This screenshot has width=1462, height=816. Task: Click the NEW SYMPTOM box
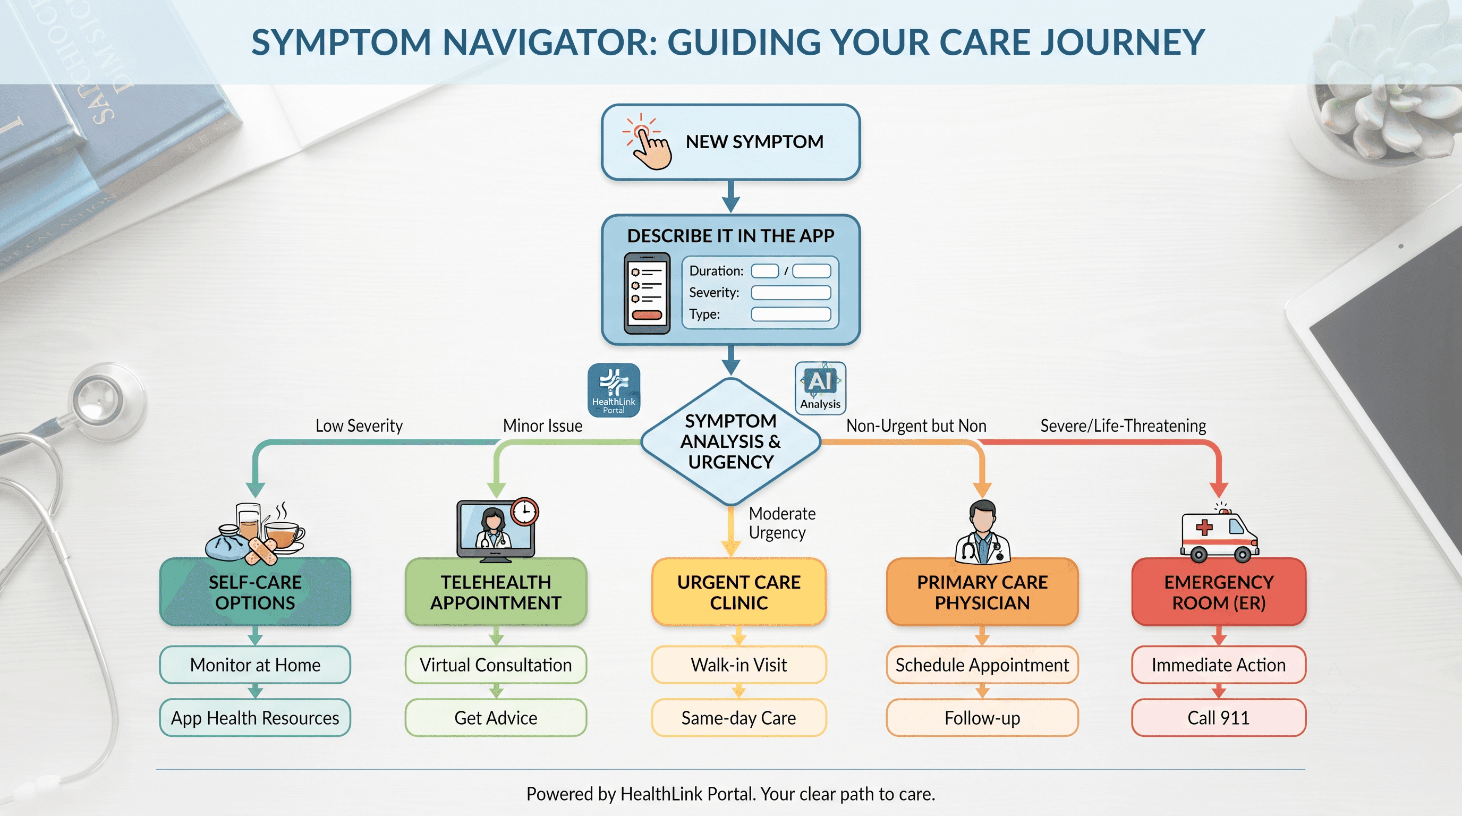point(730,142)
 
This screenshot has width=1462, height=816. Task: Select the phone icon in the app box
point(647,293)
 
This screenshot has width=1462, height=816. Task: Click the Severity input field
point(790,292)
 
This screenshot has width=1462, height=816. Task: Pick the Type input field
point(790,314)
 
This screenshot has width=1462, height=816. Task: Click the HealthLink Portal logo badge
point(614,390)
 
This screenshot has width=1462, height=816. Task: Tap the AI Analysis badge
point(820,388)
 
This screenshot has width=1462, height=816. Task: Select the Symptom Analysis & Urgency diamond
point(731,441)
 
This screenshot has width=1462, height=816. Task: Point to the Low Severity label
point(359,426)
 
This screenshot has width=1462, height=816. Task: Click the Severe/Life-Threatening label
point(1123,426)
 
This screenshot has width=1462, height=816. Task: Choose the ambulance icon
point(1220,533)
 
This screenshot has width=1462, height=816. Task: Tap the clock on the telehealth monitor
point(524,512)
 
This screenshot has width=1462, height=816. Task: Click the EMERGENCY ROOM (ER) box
point(1219,592)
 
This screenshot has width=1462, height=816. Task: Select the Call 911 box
point(1219,718)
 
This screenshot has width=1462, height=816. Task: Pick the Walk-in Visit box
point(738,665)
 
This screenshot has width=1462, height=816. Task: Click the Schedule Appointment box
point(982,665)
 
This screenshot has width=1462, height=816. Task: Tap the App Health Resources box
point(255,718)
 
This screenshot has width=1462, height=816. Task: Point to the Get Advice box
point(496,718)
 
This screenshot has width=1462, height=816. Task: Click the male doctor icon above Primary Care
point(982,532)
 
